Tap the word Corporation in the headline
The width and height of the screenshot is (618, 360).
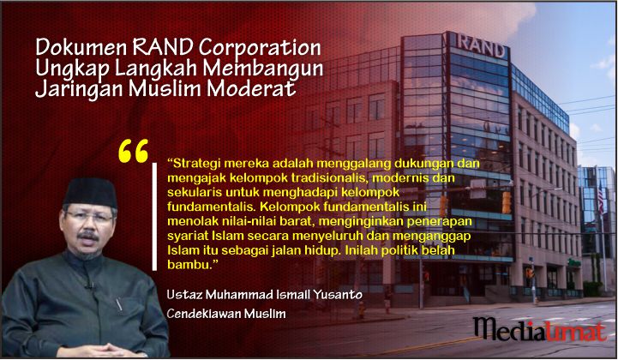260,48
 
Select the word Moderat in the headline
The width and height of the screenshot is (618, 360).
251,87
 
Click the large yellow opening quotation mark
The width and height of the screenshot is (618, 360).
133,151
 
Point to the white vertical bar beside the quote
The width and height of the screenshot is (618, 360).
154,217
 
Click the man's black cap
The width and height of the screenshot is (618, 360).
90,192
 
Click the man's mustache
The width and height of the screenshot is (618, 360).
88,236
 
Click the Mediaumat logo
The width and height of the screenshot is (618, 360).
539,328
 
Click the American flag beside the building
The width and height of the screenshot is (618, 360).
600,197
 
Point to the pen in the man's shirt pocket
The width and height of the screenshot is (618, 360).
119,305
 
